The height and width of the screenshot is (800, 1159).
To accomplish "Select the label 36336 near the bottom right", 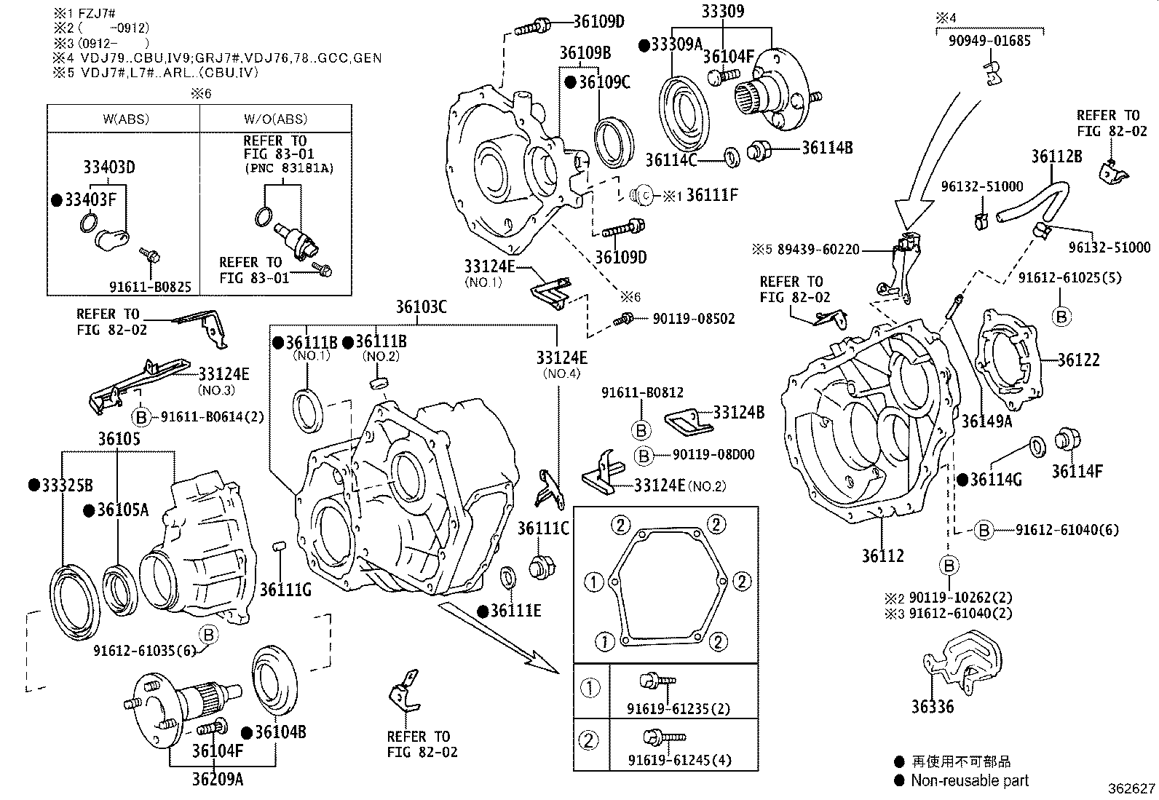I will (x=932, y=706).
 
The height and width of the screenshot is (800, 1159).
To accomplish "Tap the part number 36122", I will (x=1078, y=360).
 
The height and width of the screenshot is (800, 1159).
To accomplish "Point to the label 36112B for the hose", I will (x=1056, y=156).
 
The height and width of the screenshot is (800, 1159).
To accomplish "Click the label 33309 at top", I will (x=723, y=11).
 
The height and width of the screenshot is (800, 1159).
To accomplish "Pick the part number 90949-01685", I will (x=989, y=41).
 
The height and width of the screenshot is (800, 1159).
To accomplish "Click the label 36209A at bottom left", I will (x=218, y=780).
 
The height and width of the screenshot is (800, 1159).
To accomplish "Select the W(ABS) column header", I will (x=123, y=119).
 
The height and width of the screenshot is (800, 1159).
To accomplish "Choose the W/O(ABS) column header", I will (x=275, y=119).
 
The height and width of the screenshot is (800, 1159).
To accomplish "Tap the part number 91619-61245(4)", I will (x=679, y=761).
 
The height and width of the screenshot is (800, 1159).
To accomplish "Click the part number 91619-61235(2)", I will (x=679, y=709).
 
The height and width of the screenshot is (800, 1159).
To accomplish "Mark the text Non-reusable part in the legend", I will (x=970, y=780).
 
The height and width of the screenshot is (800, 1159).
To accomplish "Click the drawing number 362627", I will (x=1131, y=788).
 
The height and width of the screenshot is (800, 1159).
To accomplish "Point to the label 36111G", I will (x=285, y=589).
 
